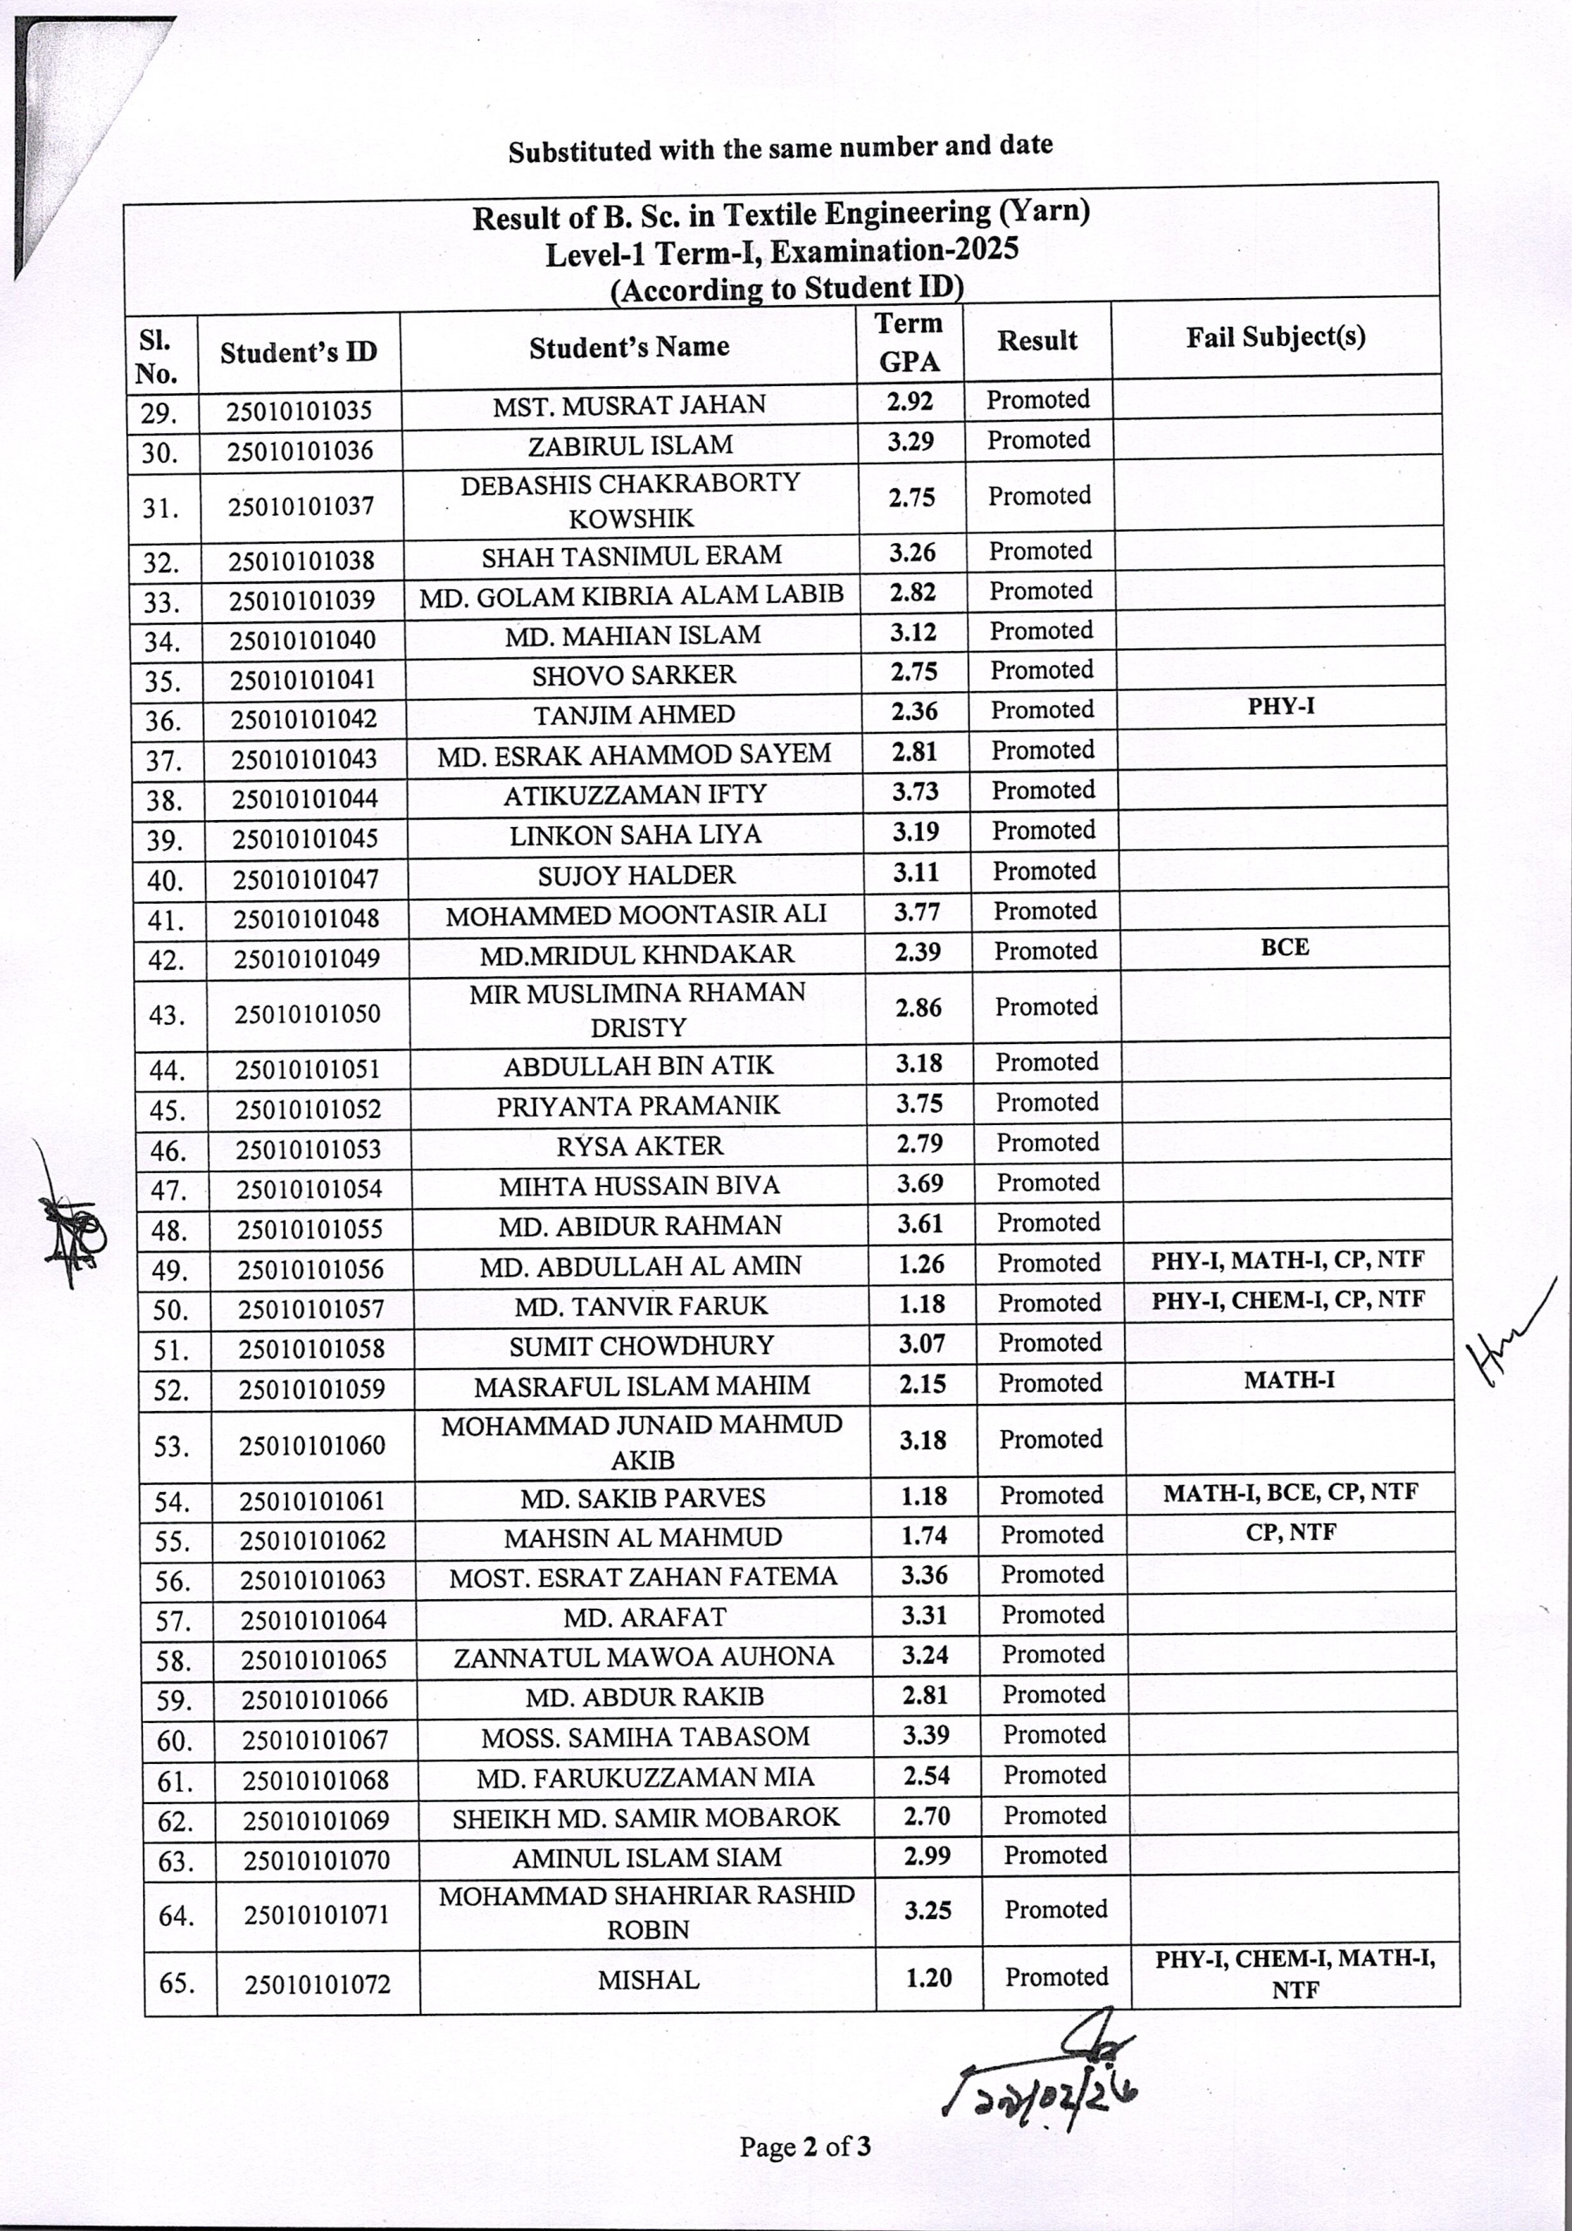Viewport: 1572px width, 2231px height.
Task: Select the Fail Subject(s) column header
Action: pos(1275,337)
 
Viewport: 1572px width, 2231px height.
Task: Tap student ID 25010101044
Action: pos(304,800)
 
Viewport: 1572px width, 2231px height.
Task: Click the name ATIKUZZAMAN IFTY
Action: pos(634,795)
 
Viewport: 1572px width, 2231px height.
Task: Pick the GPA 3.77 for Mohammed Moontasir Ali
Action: pos(916,912)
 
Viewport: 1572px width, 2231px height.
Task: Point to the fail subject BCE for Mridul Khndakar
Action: pos(1284,947)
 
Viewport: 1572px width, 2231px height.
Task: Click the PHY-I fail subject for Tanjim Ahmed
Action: pos(1281,707)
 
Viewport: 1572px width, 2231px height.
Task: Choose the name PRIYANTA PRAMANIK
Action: pos(639,1106)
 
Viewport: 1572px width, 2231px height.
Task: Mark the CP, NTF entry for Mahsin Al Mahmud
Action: pos(1291,1532)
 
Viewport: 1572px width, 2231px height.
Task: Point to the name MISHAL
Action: pos(648,1980)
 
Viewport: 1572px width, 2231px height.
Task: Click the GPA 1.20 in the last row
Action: pos(929,1978)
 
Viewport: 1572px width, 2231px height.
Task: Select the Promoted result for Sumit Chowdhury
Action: pos(1049,1343)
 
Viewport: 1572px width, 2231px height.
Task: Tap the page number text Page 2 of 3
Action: pos(804,2146)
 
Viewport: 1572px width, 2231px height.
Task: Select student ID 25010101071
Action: pos(316,1916)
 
